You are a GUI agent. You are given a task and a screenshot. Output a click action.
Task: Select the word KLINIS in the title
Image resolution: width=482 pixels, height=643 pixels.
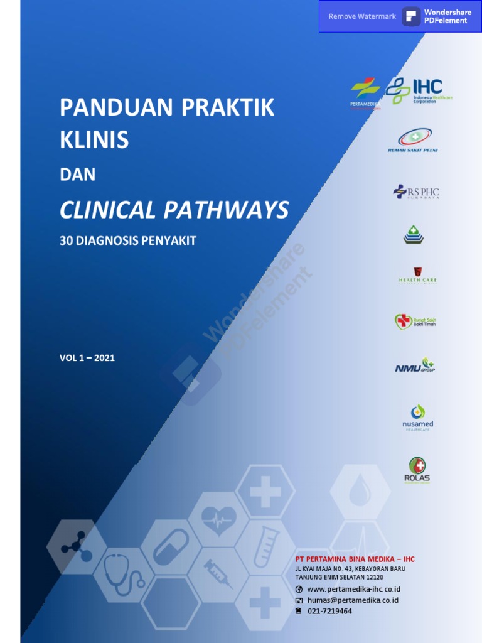click(94, 141)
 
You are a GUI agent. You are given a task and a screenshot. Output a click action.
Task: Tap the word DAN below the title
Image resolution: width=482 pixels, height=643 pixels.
click(77, 175)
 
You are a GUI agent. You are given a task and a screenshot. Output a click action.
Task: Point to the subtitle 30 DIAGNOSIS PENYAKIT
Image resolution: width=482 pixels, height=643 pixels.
click(128, 240)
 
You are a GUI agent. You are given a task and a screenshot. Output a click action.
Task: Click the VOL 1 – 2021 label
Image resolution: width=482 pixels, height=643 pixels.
click(87, 358)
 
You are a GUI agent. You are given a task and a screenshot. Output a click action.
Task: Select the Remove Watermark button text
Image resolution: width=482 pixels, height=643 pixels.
click(362, 16)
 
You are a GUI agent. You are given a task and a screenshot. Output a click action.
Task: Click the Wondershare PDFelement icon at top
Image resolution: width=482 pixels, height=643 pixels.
click(412, 16)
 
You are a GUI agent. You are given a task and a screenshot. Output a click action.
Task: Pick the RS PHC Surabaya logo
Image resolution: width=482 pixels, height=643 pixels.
click(416, 192)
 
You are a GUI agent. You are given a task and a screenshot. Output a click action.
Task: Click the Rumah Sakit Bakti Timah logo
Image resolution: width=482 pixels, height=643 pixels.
click(415, 321)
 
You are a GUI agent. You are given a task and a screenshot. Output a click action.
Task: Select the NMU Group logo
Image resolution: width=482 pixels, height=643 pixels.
click(414, 365)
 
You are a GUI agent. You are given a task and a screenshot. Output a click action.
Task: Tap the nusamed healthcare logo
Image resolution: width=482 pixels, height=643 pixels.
click(417, 417)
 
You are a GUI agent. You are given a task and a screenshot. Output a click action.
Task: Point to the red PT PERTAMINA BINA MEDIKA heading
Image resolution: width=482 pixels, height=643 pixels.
click(355, 559)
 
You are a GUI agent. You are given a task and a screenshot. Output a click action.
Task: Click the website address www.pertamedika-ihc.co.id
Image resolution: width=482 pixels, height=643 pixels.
click(353, 589)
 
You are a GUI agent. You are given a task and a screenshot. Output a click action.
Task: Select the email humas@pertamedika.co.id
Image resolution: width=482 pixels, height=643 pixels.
click(352, 600)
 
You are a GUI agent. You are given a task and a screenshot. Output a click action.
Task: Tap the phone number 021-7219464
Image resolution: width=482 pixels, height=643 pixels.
click(329, 611)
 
